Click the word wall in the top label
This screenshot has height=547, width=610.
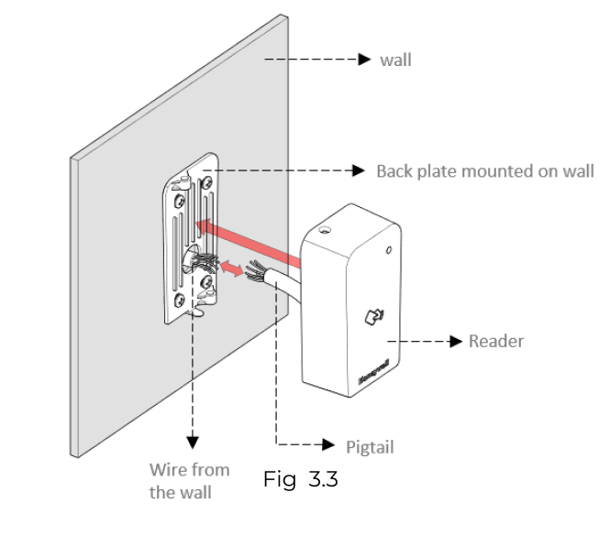[395, 60]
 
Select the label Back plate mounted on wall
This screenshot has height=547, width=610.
[484, 170]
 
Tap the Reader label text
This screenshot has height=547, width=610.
[494, 341]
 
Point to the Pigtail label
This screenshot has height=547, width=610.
[371, 447]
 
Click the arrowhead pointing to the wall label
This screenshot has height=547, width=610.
[366, 60]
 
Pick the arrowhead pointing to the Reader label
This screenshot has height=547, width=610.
[456, 341]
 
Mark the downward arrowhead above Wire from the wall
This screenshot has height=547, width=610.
[193, 443]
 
